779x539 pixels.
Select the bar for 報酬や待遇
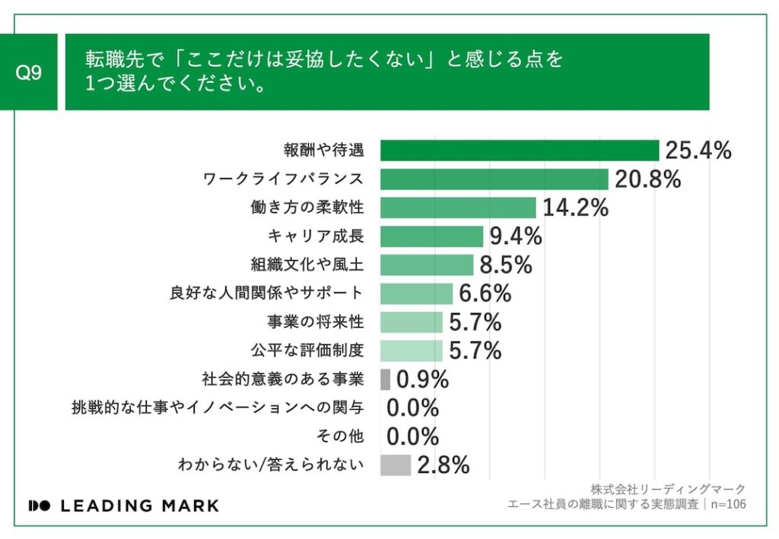[520, 151]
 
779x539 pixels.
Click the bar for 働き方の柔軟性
[458, 208]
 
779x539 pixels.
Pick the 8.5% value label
[506, 265]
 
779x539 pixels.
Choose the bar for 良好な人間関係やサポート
[416, 293]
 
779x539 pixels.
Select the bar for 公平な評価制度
[411, 350]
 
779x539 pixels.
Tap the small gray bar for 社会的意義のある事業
[385, 379]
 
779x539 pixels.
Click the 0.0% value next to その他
[413, 437]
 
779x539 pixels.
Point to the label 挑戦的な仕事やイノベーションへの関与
[217, 408]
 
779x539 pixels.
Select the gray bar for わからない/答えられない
[396, 465]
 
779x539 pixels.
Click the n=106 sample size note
[726, 504]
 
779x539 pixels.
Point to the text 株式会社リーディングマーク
[667, 489]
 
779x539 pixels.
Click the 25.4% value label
[698, 151]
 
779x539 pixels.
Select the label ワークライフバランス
[283, 179]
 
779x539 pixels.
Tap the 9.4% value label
[516, 236]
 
